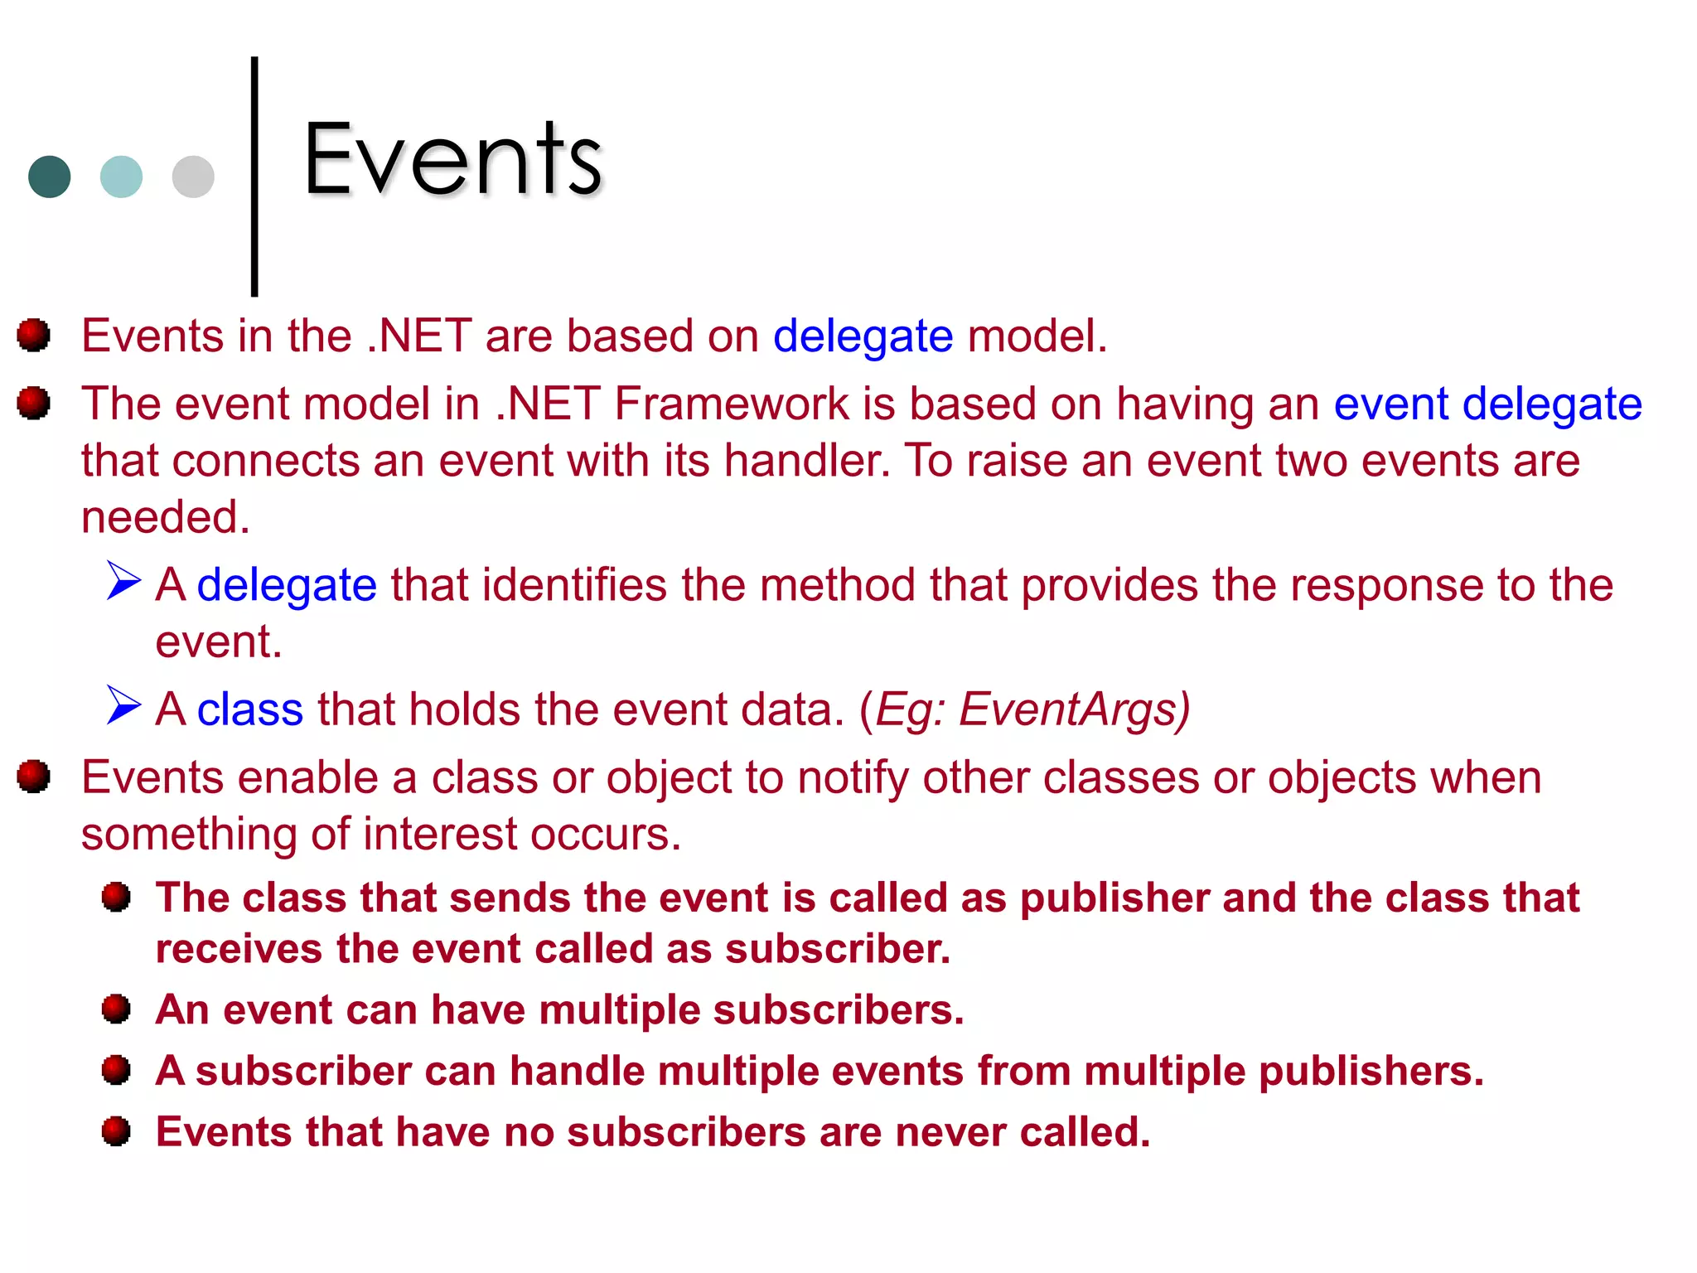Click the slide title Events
pyautogui.click(x=452, y=159)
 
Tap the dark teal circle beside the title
pyautogui.click(x=49, y=177)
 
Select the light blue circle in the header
pyautogui.click(x=121, y=177)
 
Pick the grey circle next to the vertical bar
pyautogui.click(x=193, y=177)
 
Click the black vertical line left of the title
pyautogui.click(x=254, y=176)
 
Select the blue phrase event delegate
pyautogui.click(x=1487, y=404)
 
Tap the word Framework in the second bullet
pyautogui.click(x=731, y=404)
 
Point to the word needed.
pyautogui.click(x=165, y=517)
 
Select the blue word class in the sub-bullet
pyautogui.click(x=249, y=710)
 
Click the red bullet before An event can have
pyautogui.click(x=116, y=1009)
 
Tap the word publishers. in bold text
pyautogui.click(x=1371, y=1071)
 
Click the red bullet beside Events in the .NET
pyautogui.click(x=34, y=335)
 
